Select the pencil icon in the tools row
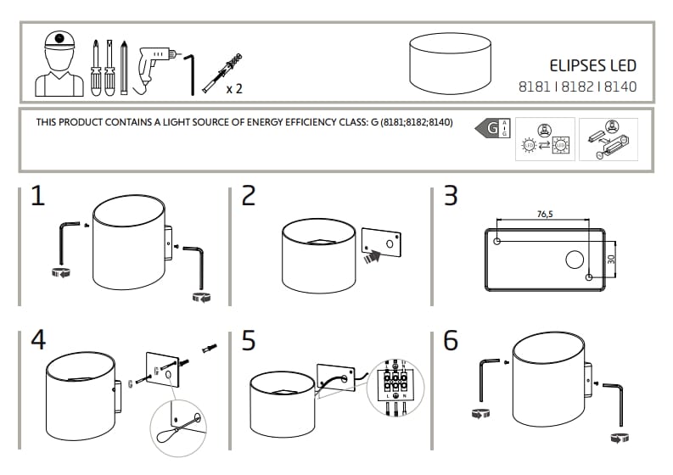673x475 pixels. click(x=124, y=65)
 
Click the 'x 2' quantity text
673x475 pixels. click(x=235, y=87)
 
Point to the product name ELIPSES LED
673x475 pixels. click(x=593, y=65)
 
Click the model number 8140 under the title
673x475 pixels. click(x=620, y=86)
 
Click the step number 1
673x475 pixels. click(x=37, y=196)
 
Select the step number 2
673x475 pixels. click(x=248, y=196)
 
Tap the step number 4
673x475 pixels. click(x=37, y=340)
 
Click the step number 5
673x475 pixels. click(x=248, y=340)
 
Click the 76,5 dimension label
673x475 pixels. click(x=545, y=215)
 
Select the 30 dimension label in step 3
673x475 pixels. click(x=612, y=260)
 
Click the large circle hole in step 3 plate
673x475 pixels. click(x=575, y=260)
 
